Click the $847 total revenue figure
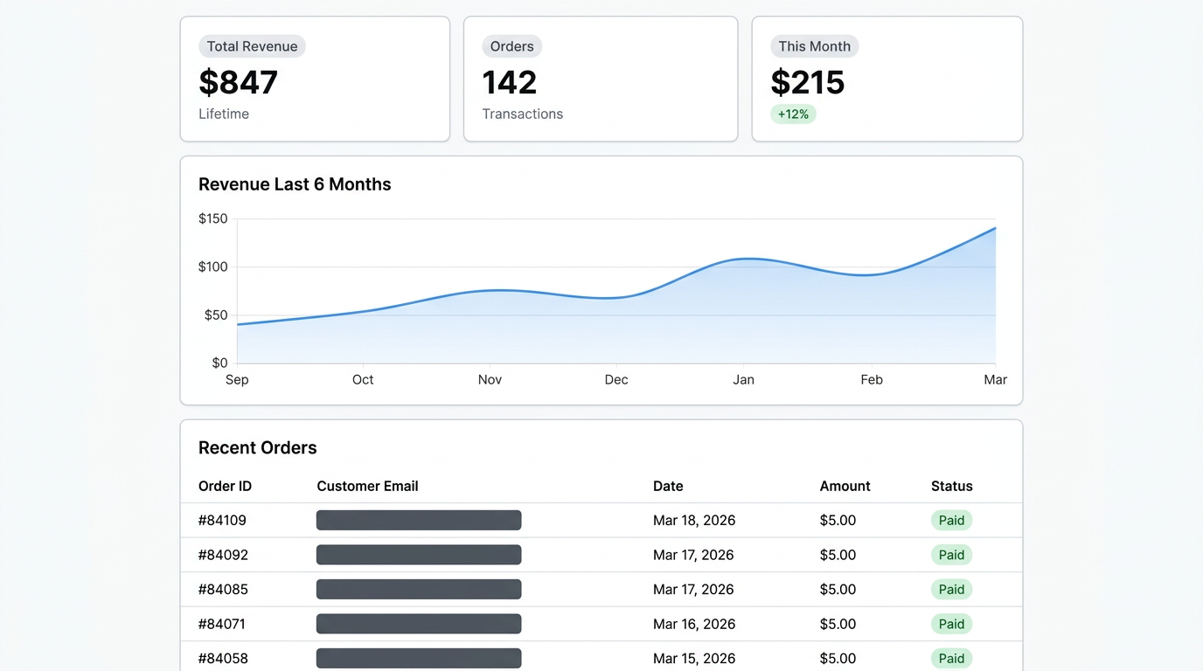(x=238, y=82)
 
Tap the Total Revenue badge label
(x=252, y=46)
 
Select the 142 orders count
(x=510, y=82)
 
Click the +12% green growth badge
(x=793, y=114)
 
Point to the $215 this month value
(x=808, y=82)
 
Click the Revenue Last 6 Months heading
(x=295, y=184)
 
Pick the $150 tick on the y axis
(x=212, y=219)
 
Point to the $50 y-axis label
(x=215, y=315)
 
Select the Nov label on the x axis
(x=490, y=380)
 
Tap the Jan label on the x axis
(x=743, y=380)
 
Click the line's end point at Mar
(x=995, y=228)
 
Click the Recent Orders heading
(x=257, y=448)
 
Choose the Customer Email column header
(x=367, y=487)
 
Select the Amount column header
(x=845, y=487)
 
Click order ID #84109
(x=222, y=521)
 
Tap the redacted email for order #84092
(x=419, y=555)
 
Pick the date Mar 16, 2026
(x=693, y=624)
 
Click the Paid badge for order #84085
(x=951, y=590)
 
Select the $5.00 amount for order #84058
(x=838, y=659)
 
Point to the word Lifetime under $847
(x=224, y=114)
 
